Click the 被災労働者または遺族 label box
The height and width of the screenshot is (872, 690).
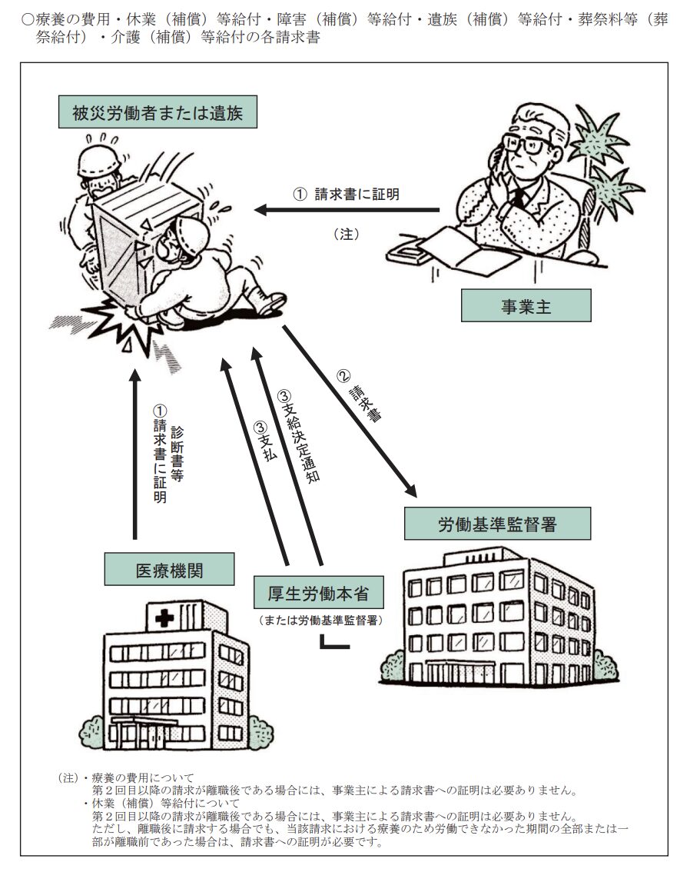(x=158, y=114)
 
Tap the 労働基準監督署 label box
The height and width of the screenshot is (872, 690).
(x=497, y=524)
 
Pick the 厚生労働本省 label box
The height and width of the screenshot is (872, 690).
(x=317, y=593)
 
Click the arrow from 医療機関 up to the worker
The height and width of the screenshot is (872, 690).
(x=135, y=454)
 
